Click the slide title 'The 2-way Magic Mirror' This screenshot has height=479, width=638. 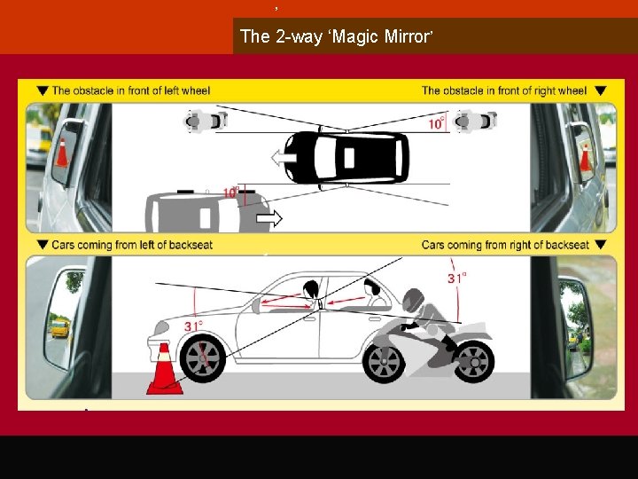pyautogui.click(x=336, y=36)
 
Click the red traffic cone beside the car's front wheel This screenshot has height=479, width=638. pyautogui.click(x=165, y=369)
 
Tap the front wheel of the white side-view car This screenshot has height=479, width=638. pyautogui.click(x=202, y=358)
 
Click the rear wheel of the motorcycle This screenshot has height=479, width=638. pyautogui.click(x=473, y=362)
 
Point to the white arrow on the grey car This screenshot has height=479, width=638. pyautogui.click(x=269, y=219)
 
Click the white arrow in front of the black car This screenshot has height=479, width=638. pyautogui.click(x=284, y=158)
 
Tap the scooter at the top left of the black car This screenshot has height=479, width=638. pyautogui.click(x=206, y=121)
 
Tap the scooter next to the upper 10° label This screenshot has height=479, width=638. pyautogui.click(x=475, y=121)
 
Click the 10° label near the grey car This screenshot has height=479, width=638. pyautogui.click(x=231, y=192)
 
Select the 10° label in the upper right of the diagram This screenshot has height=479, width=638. pyautogui.click(x=437, y=123)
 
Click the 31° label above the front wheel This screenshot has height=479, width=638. pyautogui.click(x=194, y=326)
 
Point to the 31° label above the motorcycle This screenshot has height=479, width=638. pyautogui.click(x=457, y=279)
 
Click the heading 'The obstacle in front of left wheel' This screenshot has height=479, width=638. pyautogui.click(x=131, y=90)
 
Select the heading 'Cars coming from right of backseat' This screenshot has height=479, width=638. pyautogui.click(x=505, y=245)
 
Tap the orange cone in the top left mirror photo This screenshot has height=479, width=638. pyautogui.click(x=62, y=153)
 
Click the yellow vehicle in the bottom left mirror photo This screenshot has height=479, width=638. pyautogui.click(x=60, y=328)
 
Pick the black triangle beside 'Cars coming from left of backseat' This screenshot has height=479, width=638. pyautogui.click(x=43, y=245)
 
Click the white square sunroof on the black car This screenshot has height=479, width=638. pyautogui.click(x=349, y=158)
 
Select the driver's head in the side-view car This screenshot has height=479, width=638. pyautogui.click(x=311, y=289)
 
